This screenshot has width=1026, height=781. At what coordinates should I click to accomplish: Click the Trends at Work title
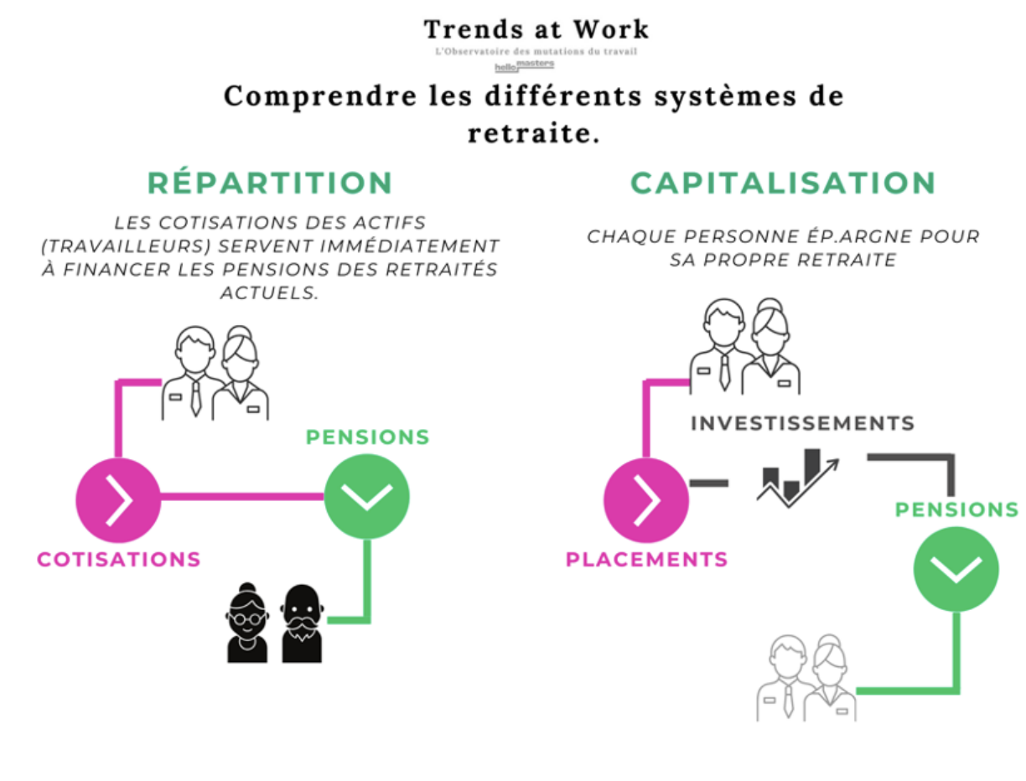point(536,29)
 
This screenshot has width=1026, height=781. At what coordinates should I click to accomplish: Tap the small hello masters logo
point(524,65)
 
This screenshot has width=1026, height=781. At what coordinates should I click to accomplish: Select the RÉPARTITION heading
point(270,183)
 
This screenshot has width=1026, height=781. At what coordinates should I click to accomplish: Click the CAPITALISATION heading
point(783,183)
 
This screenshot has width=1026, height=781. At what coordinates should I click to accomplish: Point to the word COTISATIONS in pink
point(118,559)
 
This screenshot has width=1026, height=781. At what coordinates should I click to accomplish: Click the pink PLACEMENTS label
point(646,559)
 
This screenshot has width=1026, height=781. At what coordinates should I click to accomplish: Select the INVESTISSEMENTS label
point(802,423)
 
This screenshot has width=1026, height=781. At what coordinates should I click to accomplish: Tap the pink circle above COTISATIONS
point(118,500)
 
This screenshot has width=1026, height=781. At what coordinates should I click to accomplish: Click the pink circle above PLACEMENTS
point(646,500)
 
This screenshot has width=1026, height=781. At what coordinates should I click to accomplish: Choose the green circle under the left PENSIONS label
point(367,495)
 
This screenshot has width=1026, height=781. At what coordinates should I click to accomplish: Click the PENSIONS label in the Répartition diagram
point(367,437)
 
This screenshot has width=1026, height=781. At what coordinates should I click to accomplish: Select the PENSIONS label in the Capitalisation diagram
point(956,509)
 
